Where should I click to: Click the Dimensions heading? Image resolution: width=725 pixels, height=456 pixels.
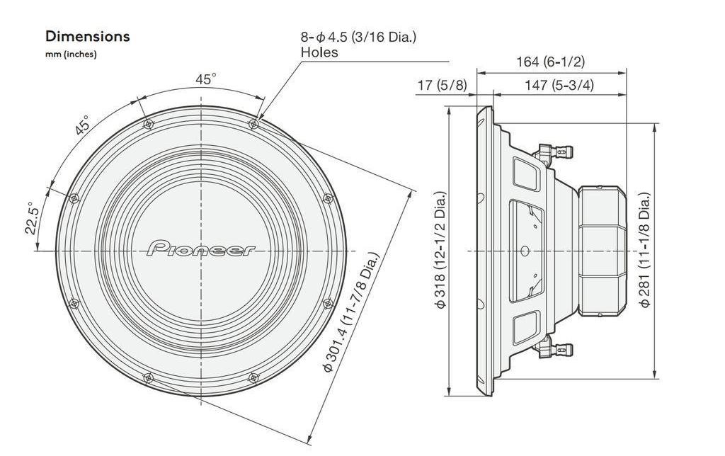click(x=87, y=36)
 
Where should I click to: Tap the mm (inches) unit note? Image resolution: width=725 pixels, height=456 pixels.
click(x=71, y=55)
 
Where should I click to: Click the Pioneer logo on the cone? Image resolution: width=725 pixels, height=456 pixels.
click(x=202, y=249)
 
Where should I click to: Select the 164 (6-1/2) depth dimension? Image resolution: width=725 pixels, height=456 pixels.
click(x=549, y=62)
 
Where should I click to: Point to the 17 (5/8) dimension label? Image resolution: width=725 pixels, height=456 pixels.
click(x=442, y=85)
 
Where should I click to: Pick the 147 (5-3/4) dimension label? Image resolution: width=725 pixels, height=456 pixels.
click(x=559, y=85)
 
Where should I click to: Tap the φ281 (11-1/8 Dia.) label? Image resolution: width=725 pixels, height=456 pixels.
click(x=645, y=250)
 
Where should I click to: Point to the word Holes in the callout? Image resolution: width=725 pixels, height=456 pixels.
click(x=319, y=52)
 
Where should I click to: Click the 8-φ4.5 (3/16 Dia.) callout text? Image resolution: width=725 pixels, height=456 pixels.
click(x=358, y=36)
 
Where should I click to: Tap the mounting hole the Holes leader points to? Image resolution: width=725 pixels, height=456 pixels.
click(x=253, y=124)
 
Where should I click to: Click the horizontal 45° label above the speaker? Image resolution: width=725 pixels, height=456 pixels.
click(x=205, y=79)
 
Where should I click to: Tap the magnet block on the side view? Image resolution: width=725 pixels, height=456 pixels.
click(x=602, y=250)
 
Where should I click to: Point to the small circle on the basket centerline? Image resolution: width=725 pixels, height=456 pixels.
click(x=524, y=251)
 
